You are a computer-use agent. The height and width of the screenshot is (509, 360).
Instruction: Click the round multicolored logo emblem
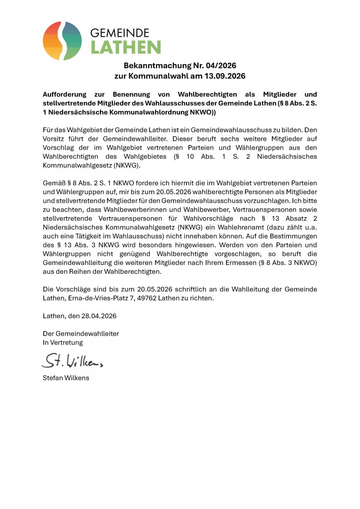pos(62,41)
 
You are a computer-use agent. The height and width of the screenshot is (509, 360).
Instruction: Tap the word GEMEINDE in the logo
pos(119,33)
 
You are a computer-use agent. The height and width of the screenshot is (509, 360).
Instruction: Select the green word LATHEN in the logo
pos(125,48)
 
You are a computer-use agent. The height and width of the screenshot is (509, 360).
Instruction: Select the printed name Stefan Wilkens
pos(66,378)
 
